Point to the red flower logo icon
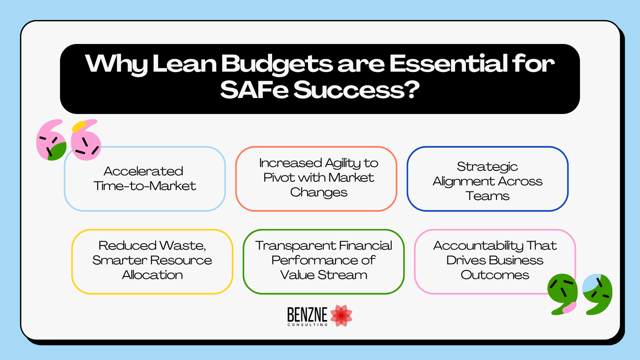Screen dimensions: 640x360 point(341,316)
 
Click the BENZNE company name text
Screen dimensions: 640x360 point(307,314)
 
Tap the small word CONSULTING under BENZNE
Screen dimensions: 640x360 point(308,324)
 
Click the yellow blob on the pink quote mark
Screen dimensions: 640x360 point(79,126)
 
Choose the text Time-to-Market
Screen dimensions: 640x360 point(144,186)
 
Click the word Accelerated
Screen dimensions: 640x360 point(144,171)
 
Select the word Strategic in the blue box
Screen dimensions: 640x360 point(487,167)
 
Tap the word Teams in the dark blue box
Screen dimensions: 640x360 point(487,196)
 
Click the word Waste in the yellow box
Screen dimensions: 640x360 point(182,246)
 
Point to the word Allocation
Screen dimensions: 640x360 point(152,275)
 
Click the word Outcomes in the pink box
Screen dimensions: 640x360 point(495,275)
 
